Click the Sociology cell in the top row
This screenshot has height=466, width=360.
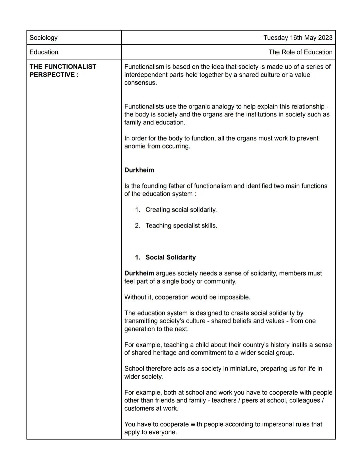(x=44, y=38)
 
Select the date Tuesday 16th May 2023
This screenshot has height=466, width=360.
(x=298, y=38)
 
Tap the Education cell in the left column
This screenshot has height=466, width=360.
(x=44, y=52)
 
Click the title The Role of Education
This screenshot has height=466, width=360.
(x=300, y=52)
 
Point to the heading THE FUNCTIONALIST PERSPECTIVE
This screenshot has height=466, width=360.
(x=63, y=71)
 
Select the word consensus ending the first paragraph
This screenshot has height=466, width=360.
(x=140, y=83)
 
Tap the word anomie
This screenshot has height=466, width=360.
(x=135, y=146)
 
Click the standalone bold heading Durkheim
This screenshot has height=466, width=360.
(x=139, y=170)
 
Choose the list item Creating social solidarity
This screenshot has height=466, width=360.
(x=181, y=210)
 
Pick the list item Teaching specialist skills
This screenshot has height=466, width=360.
(x=181, y=226)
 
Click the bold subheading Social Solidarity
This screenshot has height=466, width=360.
(x=170, y=258)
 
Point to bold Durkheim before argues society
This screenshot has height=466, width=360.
(x=139, y=274)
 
